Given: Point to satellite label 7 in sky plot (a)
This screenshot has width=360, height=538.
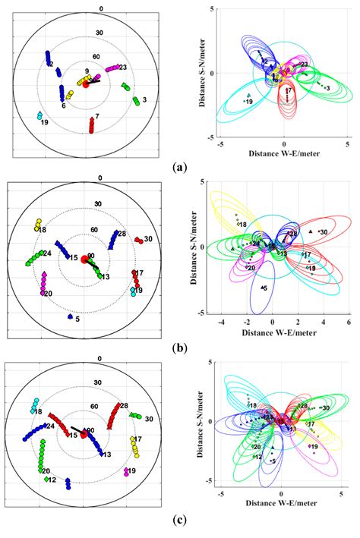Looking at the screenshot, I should pyautogui.click(x=96, y=116).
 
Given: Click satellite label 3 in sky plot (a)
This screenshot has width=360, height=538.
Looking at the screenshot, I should pyautogui.click(x=144, y=99).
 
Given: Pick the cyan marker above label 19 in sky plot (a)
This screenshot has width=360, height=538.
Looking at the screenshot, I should pyautogui.click(x=39, y=116).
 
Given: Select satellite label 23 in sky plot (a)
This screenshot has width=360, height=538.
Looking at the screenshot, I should pyautogui.click(x=122, y=68).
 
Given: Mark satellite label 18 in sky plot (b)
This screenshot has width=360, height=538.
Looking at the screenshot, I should pyautogui.click(x=42, y=229).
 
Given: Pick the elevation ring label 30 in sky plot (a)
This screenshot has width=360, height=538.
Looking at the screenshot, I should pyautogui.click(x=99, y=33).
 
